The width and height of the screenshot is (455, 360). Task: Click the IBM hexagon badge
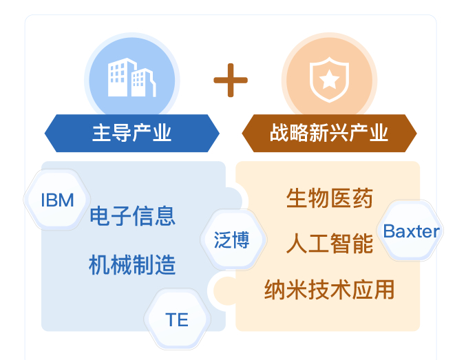(x=57, y=200)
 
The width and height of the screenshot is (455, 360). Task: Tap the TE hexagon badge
(x=177, y=319)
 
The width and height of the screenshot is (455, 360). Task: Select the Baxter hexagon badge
(x=411, y=231)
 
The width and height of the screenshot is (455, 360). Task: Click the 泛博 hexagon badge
(x=232, y=240)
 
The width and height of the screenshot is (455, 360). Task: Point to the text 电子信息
(x=132, y=215)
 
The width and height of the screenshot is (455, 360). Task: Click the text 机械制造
(x=132, y=265)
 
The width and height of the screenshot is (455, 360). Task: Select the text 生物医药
(x=329, y=198)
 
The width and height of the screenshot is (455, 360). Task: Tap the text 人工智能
(x=329, y=244)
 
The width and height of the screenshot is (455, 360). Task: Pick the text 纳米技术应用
(x=329, y=289)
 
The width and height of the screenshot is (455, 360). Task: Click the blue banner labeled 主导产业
(x=131, y=133)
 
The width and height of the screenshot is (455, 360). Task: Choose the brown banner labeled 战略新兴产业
(x=329, y=133)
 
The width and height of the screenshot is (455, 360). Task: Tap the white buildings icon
(x=131, y=78)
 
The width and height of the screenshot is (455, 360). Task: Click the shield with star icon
(x=329, y=80)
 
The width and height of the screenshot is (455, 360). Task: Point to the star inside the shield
(x=329, y=81)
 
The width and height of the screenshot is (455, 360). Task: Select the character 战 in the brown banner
(x=279, y=133)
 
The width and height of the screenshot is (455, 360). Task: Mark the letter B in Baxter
(x=389, y=231)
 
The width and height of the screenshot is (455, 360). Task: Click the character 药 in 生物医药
(x=363, y=198)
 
